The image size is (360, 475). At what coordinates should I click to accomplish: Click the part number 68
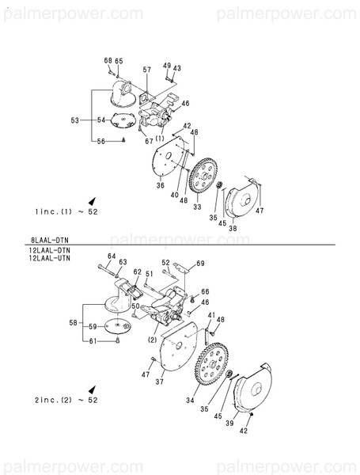click(x=108, y=61)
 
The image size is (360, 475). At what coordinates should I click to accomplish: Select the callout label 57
click(x=146, y=70)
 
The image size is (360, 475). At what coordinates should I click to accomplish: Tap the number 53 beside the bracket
click(x=75, y=120)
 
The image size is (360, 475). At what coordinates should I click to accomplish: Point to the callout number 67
click(x=149, y=141)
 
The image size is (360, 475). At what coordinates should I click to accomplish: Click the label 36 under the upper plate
click(x=160, y=186)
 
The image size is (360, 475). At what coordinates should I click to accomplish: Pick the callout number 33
click(x=197, y=207)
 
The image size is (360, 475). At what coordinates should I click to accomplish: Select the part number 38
click(x=233, y=228)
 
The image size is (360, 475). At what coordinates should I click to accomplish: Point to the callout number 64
click(x=112, y=256)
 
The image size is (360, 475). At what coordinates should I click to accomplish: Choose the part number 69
click(x=200, y=263)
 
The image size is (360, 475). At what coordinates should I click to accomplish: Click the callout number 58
click(x=74, y=323)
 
